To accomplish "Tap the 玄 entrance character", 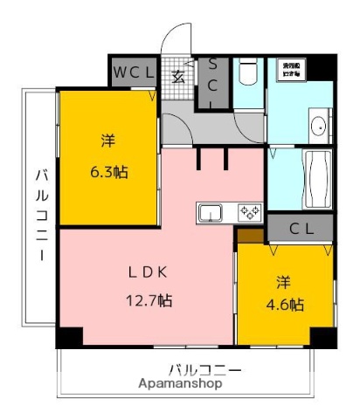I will pyautogui.click(x=177, y=75).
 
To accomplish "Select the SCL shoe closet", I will pyautogui.click(x=213, y=83).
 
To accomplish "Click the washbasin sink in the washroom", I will pyautogui.click(x=318, y=127).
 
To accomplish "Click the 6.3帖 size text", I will pyautogui.click(x=108, y=171).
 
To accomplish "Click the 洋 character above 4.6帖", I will pyautogui.click(x=284, y=281).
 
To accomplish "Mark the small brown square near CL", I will pyautogui.click(x=249, y=234).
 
